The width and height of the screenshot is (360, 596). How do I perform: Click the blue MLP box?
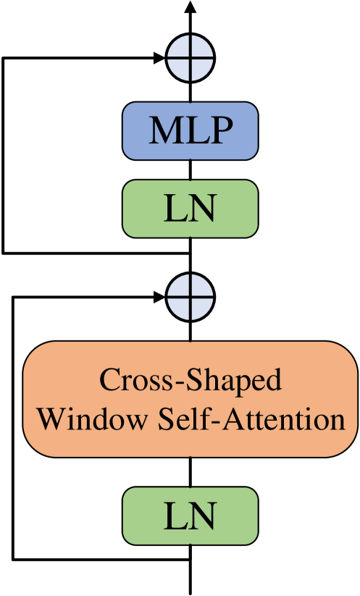tap(190, 130)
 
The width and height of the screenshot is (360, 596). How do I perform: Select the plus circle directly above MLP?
tap(190, 58)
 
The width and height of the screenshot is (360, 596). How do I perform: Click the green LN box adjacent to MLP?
tap(190, 209)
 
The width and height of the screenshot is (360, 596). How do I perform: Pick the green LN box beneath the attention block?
tap(190, 516)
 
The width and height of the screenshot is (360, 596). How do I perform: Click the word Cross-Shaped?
tap(190, 380)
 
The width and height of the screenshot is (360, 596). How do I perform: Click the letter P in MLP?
tap(220, 131)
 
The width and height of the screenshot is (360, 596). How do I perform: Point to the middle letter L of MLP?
tap(194, 131)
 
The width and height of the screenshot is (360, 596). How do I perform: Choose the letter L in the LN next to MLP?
tap(175, 209)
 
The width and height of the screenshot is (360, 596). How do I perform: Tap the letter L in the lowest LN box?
tap(175, 516)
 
